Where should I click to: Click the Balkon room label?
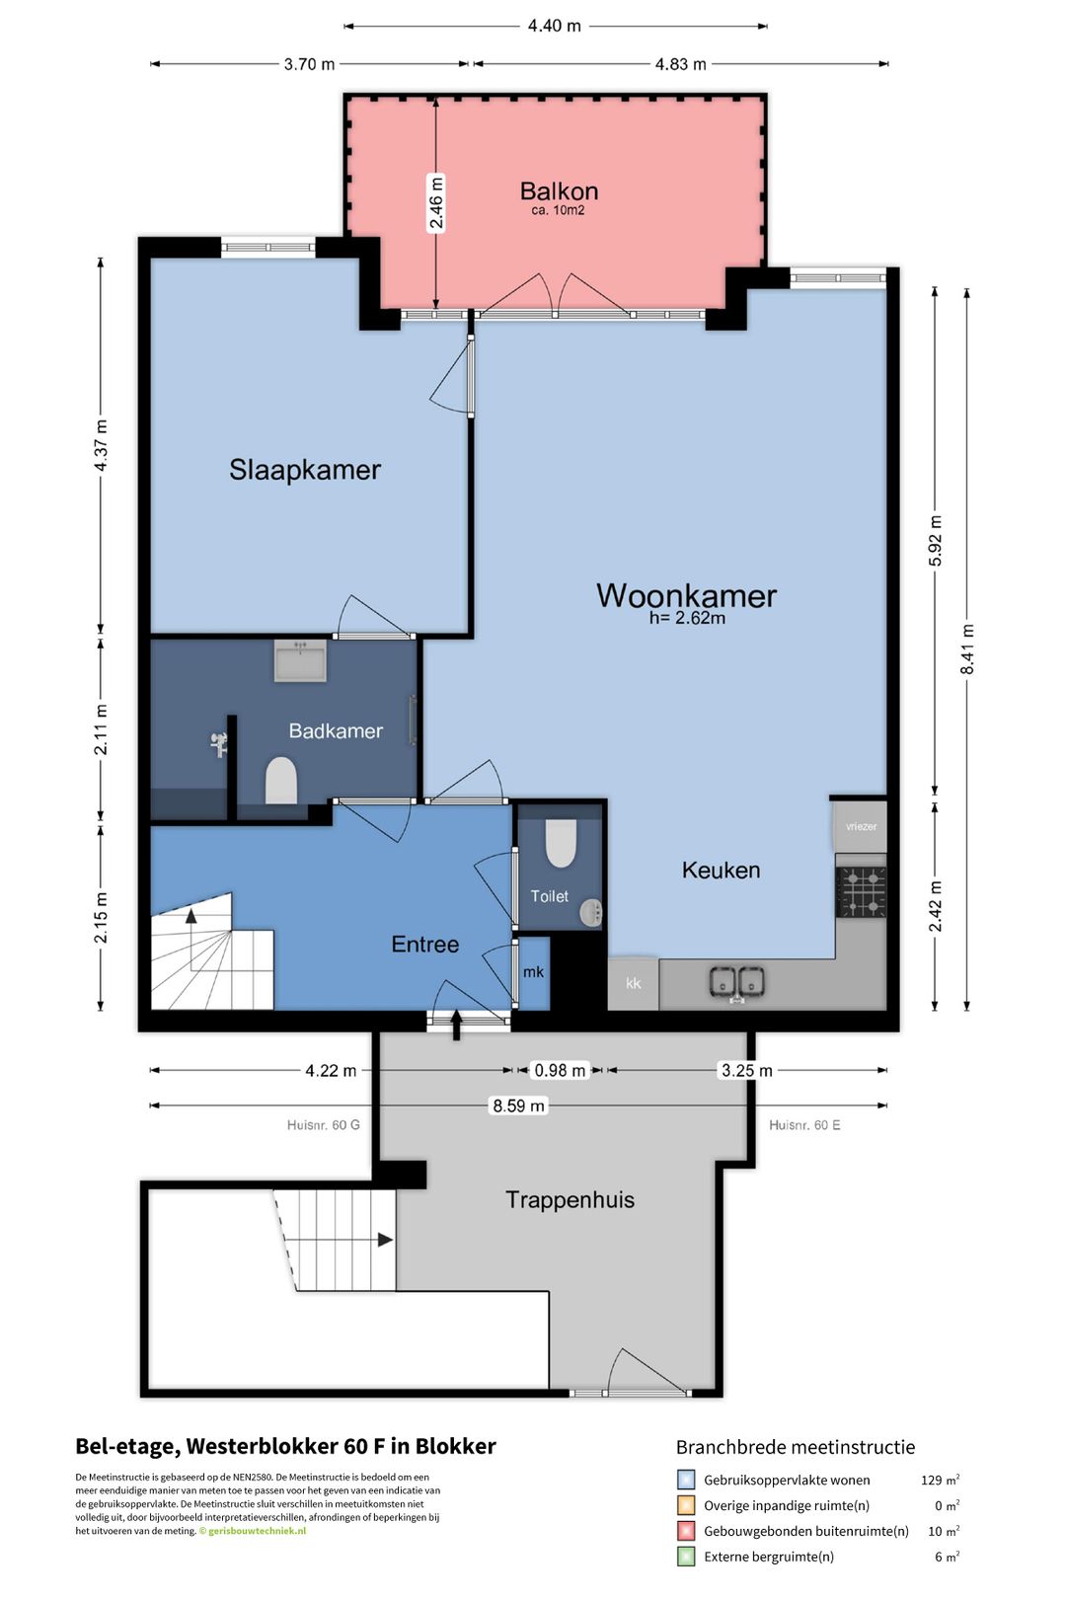click(x=559, y=190)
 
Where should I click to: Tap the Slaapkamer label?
click(x=305, y=470)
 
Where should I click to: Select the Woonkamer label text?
click(x=686, y=595)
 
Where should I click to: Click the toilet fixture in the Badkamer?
click(x=281, y=780)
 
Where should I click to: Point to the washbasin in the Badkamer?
click(x=301, y=660)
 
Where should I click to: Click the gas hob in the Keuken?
click(x=861, y=892)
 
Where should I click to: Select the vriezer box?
click(x=861, y=826)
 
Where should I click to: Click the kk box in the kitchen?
click(x=634, y=984)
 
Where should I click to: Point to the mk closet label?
click(x=533, y=971)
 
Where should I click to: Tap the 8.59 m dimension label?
click(x=519, y=1105)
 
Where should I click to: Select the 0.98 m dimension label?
click(x=560, y=1070)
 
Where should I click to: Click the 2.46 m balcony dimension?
click(x=435, y=202)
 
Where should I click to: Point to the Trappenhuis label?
click(x=570, y=1199)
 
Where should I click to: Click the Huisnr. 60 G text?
click(x=324, y=1125)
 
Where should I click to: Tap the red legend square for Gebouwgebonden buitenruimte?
click(x=685, y=1531)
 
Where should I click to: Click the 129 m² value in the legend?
click(x=940, y=1480)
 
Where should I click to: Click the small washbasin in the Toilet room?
click(x=591, y=912)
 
